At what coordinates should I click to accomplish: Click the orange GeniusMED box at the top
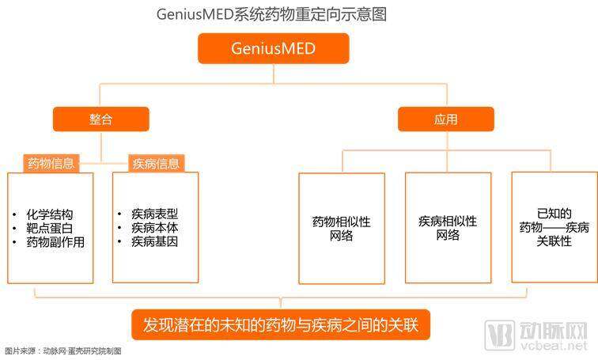(x=274, y=48)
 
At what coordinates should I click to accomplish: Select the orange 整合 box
(x=101, y=119)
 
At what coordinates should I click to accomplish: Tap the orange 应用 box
(x=446, y=119)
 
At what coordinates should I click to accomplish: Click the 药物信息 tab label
(x=51, y=164)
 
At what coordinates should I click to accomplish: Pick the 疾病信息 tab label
(x=157, y=164)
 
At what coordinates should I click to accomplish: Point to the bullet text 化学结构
(x=50, y=214)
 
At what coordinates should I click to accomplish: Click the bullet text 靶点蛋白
(x=50, y=228)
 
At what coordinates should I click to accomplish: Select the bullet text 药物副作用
(x=55, y=242)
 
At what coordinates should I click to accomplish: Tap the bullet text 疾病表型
(x=154, y=214)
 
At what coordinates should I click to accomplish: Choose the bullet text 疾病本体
(x=154, y=227)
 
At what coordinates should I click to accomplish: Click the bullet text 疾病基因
(x=154, y=241)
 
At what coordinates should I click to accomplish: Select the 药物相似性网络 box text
(x=342, y=229)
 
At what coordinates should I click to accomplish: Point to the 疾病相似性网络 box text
(x=448, y=228)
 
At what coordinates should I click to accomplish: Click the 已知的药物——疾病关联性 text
(x=554, y=227)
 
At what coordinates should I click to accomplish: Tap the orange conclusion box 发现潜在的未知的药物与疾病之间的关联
(x=281, y=325)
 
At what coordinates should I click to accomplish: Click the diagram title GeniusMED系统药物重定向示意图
(x=271, y=14)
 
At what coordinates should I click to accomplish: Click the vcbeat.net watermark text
(x=554, y=345)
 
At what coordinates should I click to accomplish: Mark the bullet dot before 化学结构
(x=14, y=214)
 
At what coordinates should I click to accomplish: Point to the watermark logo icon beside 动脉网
(x=500, y=335)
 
